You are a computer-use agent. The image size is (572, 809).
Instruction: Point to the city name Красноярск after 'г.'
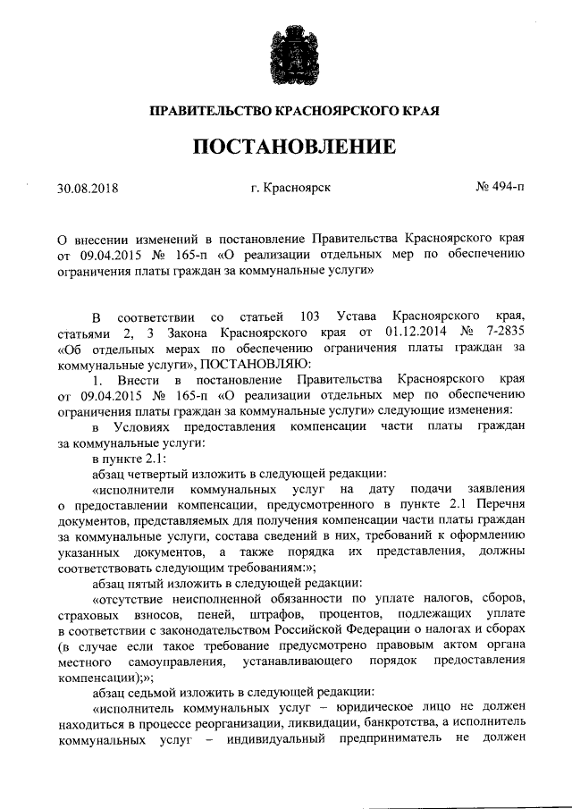click(x=299, y=189)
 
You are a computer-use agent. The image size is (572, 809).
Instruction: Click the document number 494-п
click(x=507, y=189)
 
